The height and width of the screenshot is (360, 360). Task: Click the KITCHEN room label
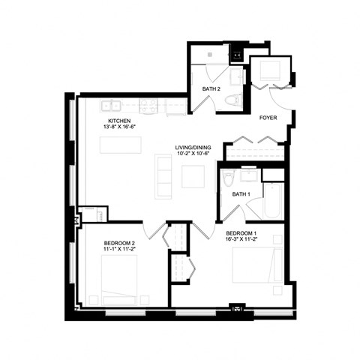120,121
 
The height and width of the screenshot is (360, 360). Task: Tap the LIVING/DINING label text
191,147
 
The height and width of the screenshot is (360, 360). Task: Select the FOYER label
269,118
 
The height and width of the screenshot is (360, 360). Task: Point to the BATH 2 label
211,89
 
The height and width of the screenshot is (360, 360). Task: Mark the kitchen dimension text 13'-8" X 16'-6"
120,128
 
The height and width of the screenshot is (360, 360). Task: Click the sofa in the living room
163,175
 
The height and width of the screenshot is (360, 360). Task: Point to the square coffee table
193,175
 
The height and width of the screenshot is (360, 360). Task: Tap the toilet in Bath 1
229,177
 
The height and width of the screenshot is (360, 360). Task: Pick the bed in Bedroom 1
256,265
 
